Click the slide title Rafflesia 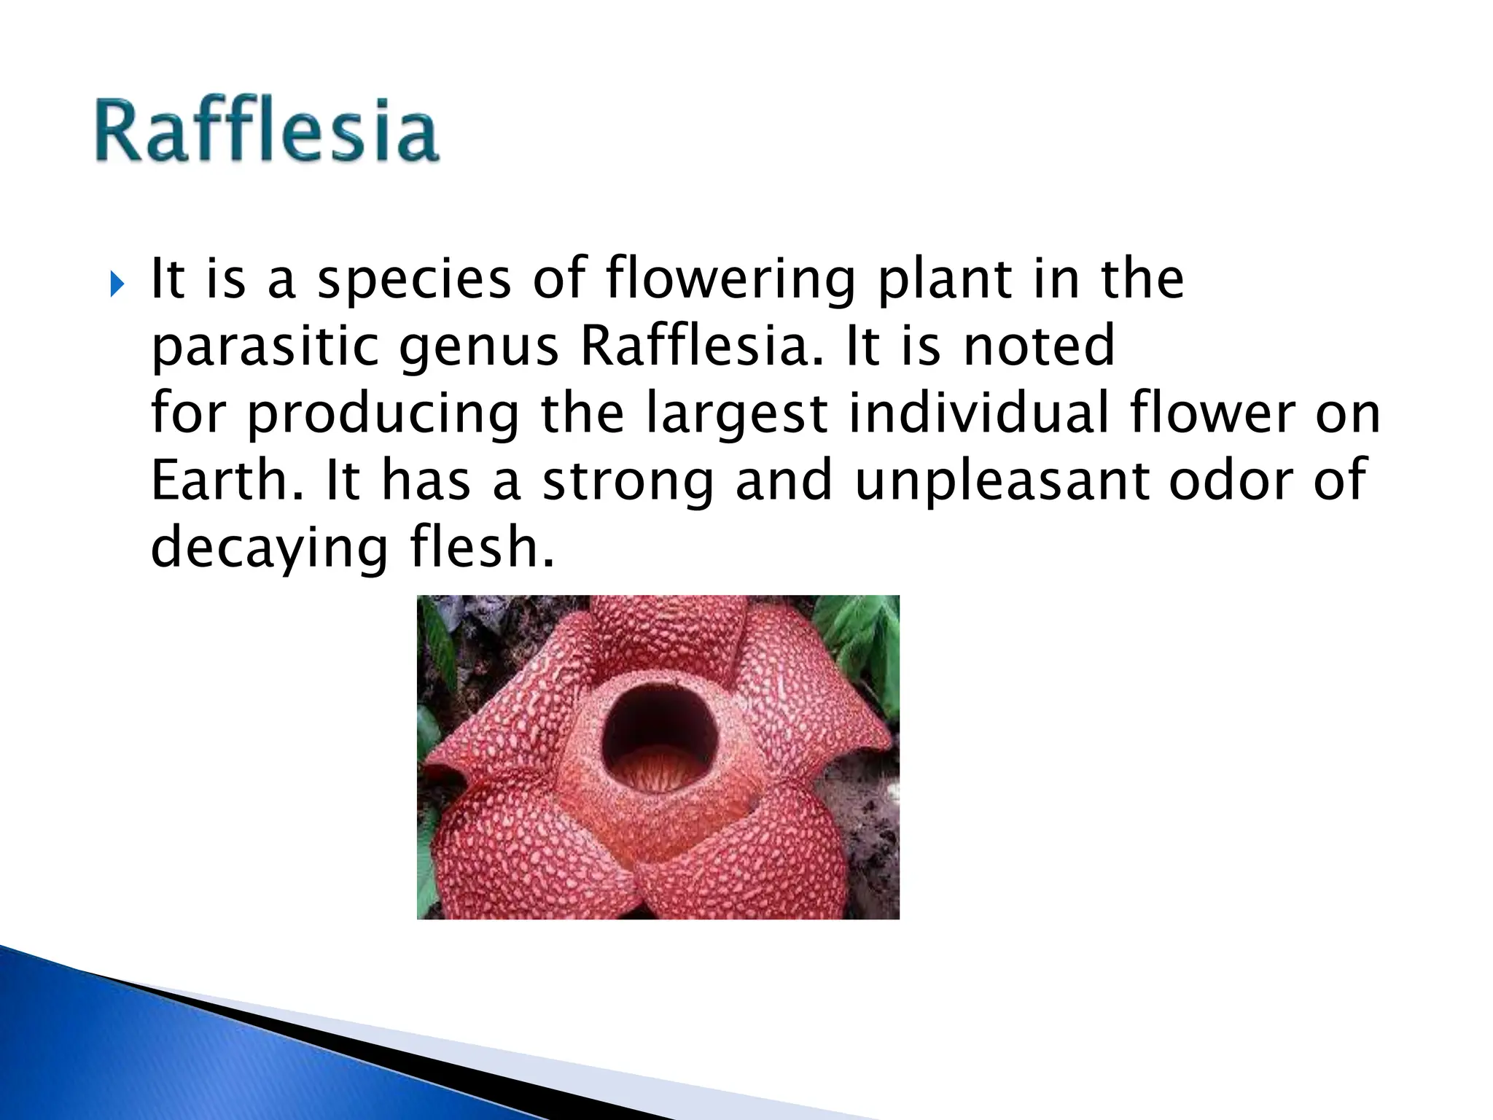(267, 131)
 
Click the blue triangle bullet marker (117, 285)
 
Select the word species (413, 281)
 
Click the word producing (383, 414)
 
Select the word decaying (269, 549)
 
